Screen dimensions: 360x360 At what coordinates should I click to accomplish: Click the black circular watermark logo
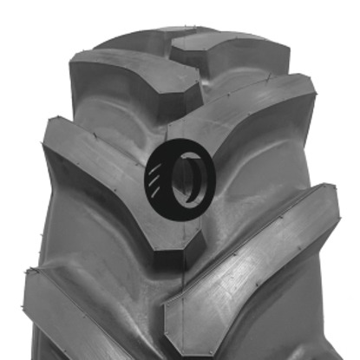click(180, 177)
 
